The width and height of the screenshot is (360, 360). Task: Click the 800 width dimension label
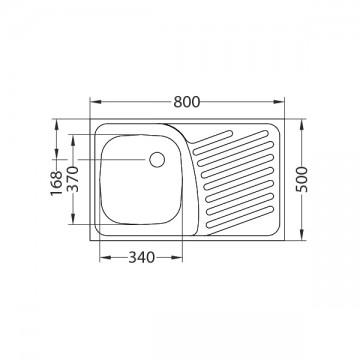187,102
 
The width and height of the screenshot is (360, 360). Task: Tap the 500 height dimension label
302,179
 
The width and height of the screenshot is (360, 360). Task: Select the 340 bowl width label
142,257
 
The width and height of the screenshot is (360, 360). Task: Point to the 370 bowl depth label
73,179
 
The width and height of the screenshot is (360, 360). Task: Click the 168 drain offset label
56,183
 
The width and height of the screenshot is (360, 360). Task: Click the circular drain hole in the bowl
157,159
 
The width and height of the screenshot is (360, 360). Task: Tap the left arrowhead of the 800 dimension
96,102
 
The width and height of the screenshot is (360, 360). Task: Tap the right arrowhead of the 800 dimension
279,102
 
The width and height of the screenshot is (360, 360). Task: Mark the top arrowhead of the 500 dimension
302,125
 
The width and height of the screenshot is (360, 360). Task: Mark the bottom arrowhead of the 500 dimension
302,234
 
